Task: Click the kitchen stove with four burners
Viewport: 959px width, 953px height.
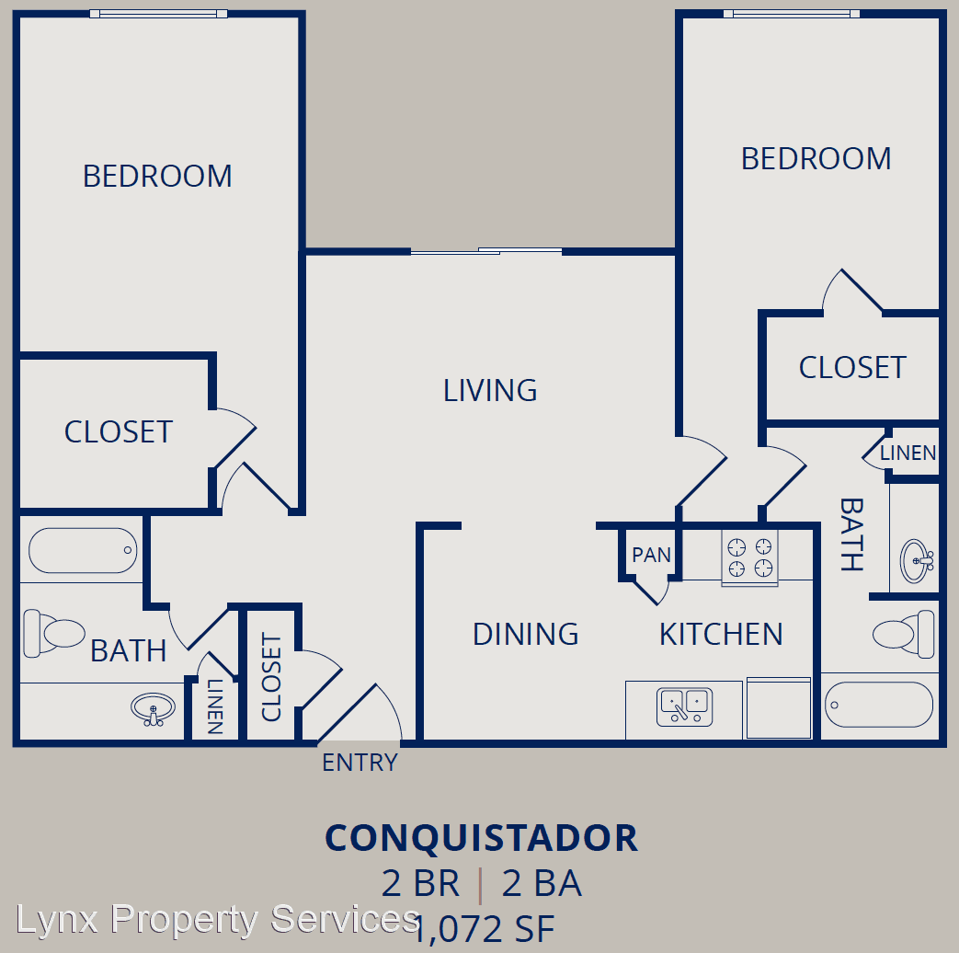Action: tap(749, 557)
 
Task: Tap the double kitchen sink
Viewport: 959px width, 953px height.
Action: tap(684, 707)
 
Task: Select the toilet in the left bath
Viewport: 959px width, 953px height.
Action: tap(54, 633)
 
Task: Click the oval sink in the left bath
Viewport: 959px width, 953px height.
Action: tap(153, 709)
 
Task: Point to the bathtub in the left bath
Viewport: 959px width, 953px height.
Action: tap(83, 550)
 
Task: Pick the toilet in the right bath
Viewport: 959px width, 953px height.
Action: tap(903, 634)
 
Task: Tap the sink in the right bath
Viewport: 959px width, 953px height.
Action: tap(916, 560)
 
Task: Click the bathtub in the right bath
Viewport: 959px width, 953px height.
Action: tap(879, 705)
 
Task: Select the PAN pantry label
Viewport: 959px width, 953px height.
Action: tap(651, 556)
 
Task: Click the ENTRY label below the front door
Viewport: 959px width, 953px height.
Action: tap(360, 763)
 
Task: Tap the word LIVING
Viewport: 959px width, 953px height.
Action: tap(490, 391)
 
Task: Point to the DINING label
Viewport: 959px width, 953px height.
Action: tap(525, 634)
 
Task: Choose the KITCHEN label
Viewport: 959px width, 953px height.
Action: tap(721, 634)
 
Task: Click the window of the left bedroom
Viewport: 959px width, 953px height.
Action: tap(158, 14)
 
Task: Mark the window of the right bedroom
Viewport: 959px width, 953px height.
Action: tap(792, 14)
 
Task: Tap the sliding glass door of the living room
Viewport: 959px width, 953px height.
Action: tap(486, 251)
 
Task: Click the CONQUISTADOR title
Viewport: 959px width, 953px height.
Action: tap(481, 838)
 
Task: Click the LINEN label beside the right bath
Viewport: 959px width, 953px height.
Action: tap(908, 453)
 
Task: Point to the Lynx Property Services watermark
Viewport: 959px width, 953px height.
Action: tap(218, 920)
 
